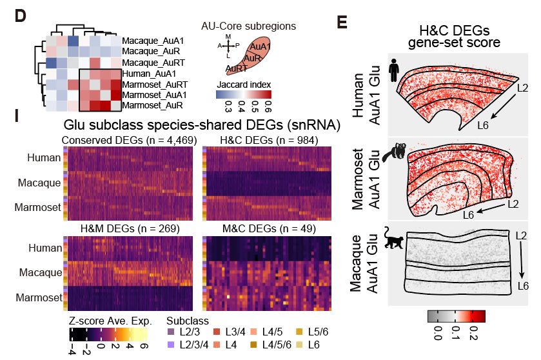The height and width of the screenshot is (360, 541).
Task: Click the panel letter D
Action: coord(21,17)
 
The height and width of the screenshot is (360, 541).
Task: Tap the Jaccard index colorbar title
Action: coord(244,85)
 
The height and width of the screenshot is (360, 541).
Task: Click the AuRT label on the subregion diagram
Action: coord(235,68)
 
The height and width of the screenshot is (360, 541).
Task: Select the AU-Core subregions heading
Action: coord(248,26)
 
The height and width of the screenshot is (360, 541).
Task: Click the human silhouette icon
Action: coord(393,68)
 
